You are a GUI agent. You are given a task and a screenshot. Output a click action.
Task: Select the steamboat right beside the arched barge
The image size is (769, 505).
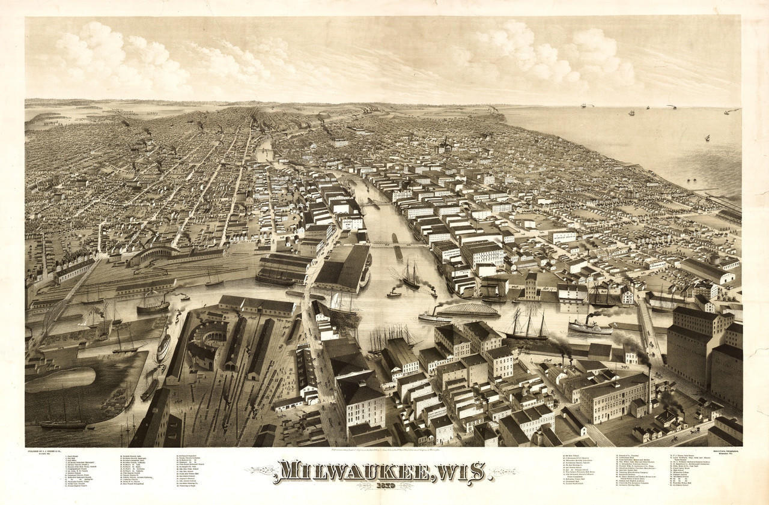point(434,317)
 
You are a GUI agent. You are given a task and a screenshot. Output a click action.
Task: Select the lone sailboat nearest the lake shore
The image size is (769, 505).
point(707,138)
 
